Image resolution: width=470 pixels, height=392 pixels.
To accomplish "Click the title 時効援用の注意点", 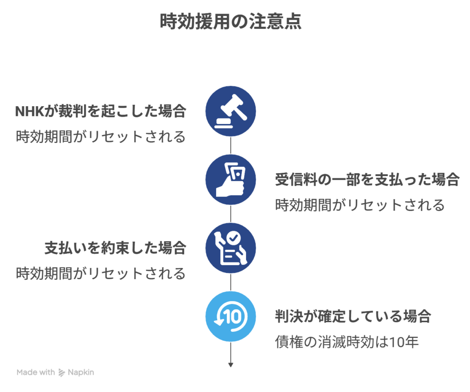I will [231, 22].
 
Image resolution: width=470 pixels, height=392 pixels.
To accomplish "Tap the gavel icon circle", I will [231, 111].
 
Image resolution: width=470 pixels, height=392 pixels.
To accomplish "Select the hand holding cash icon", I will [231, 180].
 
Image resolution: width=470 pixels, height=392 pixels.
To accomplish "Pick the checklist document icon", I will [231, 248].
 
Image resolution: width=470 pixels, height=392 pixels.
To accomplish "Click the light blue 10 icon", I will [231, 317].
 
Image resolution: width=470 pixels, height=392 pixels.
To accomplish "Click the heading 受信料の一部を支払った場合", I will [367, 180].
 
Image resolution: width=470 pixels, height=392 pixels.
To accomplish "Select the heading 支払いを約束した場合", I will [115, 248].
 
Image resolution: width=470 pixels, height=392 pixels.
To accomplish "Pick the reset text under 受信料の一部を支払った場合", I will [360, 205].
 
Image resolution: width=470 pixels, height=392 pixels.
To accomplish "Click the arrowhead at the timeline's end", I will [231, 365].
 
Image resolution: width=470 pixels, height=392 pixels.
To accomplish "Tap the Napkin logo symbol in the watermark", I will [62, 373].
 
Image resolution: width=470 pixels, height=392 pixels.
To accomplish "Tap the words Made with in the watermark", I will [35, 372].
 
